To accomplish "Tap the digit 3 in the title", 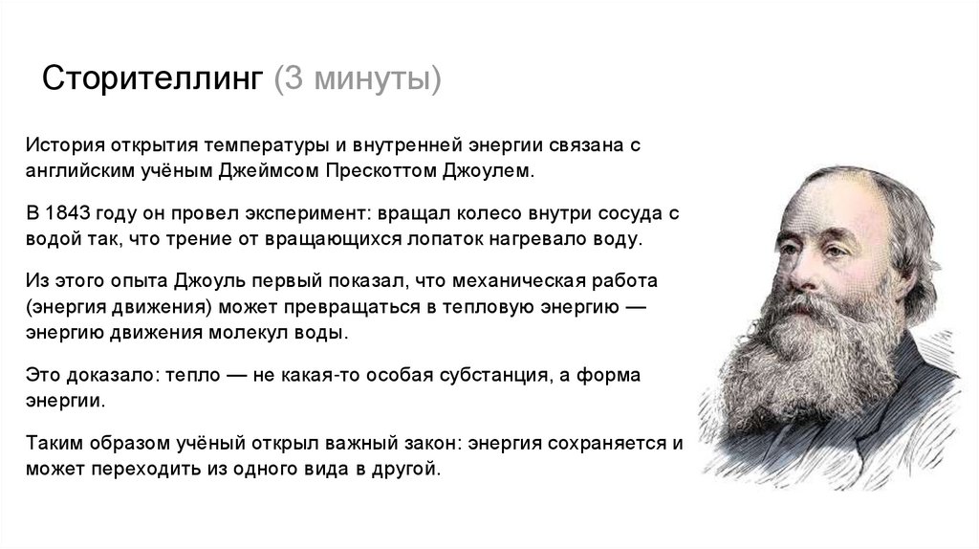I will pyautogui.click(x=289, y=77).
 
